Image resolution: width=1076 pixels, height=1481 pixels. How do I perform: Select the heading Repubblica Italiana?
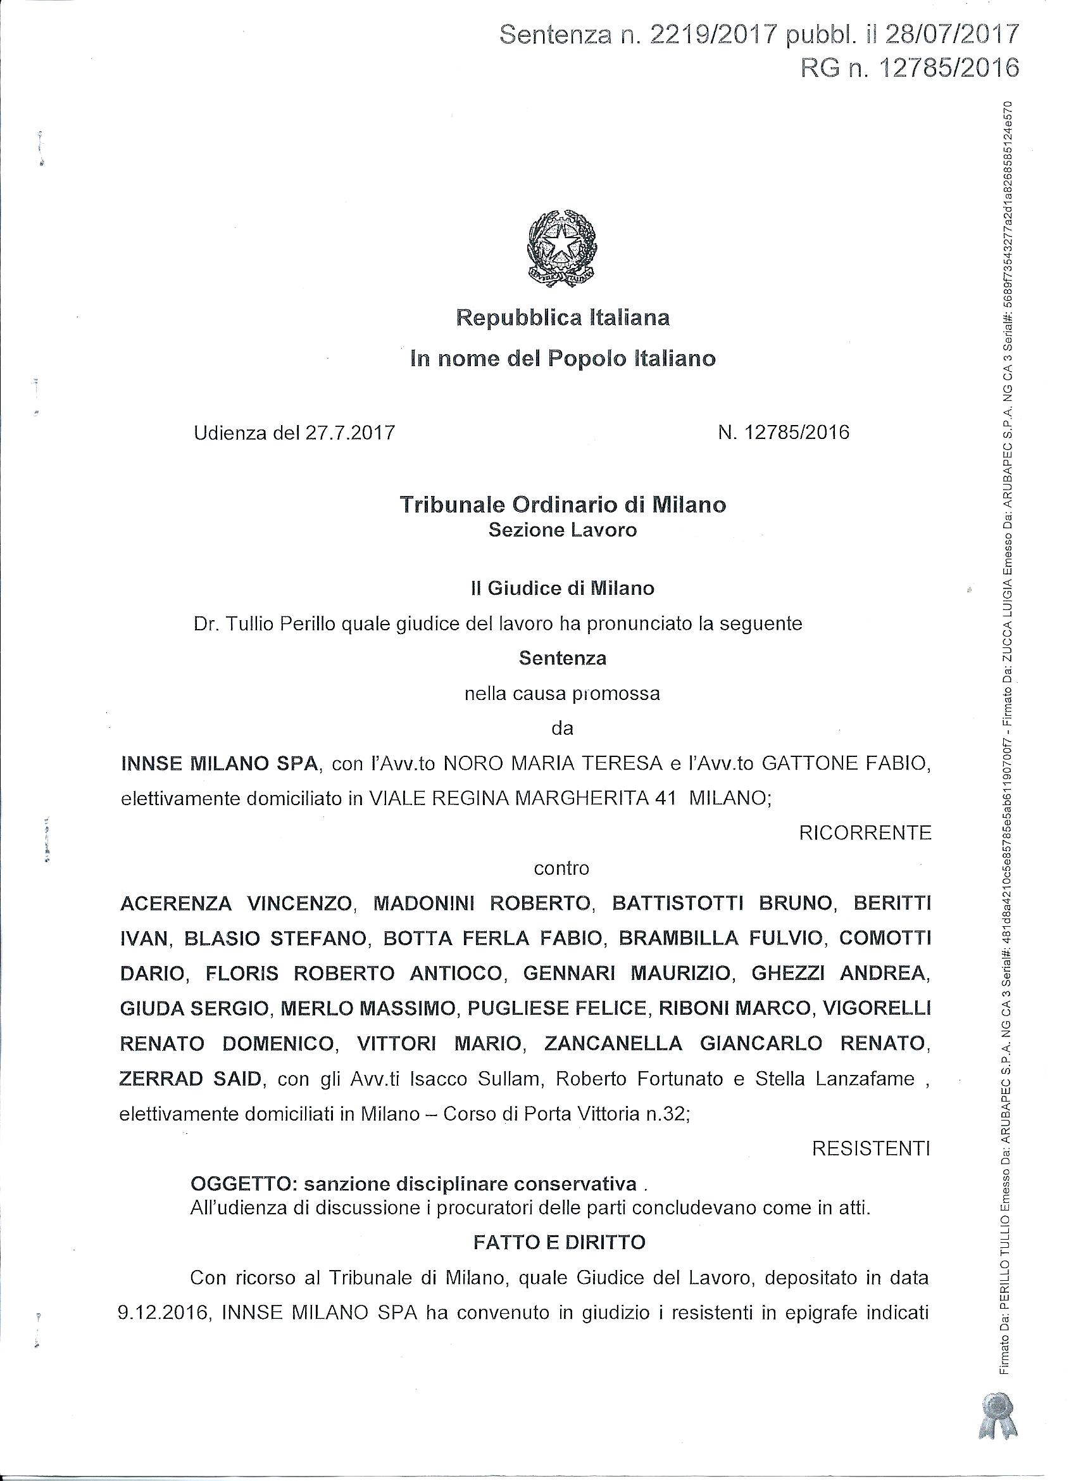[563, 318]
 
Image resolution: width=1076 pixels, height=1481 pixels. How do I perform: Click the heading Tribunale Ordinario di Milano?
[563, 505]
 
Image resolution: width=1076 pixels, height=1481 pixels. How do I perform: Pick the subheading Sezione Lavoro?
[563, 530]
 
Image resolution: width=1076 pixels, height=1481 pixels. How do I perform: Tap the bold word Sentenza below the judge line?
[563, 658]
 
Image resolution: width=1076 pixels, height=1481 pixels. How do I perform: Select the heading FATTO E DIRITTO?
[560, 1243]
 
